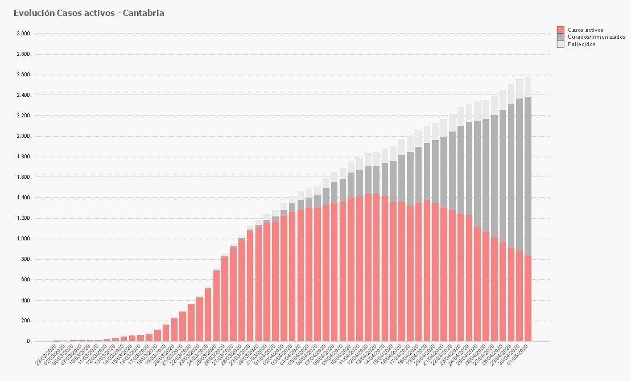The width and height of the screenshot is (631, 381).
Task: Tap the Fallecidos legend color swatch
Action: (x=560, y=44)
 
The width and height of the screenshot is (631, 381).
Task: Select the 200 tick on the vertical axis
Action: (x=25, y=321)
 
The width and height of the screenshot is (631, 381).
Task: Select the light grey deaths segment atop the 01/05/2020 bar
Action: (x=528, y=87)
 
